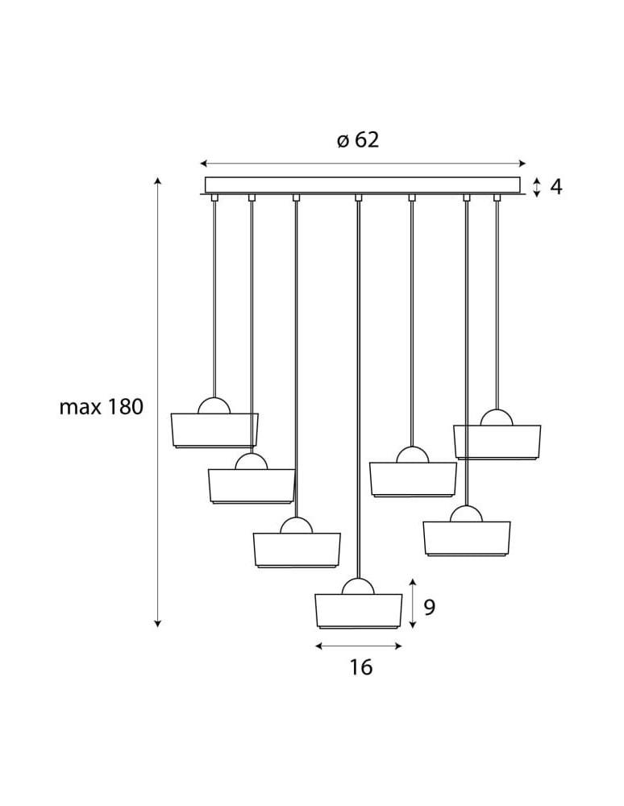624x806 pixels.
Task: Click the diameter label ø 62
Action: tap(358, 140)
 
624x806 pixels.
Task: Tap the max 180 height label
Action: tap(101, 407)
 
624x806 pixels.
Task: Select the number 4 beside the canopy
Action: tap(555, 187)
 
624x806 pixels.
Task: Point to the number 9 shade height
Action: tap(429, 607)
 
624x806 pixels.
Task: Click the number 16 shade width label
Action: tap(361, 667)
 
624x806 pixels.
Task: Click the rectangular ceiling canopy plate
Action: tap(363, 185)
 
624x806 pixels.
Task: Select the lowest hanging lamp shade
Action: tap(358, 611)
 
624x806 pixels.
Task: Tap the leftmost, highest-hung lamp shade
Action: tap(214, 430)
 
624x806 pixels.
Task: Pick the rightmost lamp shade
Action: tap(497, 441)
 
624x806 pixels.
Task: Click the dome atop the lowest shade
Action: tap(358, 587)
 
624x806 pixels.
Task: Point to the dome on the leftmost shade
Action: tap(214, 406)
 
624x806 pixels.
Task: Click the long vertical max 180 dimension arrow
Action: tap(158, 403)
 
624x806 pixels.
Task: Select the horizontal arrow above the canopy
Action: tap(363, 162)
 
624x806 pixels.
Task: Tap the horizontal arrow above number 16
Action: tap(358, 646)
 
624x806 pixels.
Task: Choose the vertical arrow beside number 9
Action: tap(413, 603)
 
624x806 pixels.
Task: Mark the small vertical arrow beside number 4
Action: tap(537, 187)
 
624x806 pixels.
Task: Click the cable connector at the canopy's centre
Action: tap(358, 197)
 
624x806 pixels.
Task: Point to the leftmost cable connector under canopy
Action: tap(214, 197)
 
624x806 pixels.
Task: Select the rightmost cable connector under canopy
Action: tap(497, 197)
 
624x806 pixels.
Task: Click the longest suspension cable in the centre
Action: tap(358, 387)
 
